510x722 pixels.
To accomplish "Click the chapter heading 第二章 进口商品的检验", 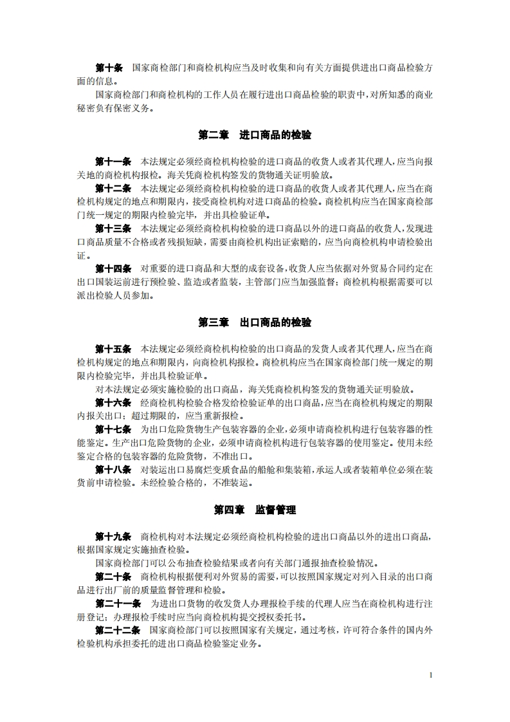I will click(x=255, y=135).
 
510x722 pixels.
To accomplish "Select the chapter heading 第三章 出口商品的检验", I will click(x=255, y=322).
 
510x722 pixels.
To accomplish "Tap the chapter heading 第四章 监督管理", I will click(x=255, y=509).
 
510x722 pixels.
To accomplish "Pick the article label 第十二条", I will click(x=113, y=188).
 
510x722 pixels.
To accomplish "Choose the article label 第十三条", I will click(x=113, y=228).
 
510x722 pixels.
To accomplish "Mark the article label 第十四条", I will click(x=113, y=268).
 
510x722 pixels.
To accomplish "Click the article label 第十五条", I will click(x=113, y=348).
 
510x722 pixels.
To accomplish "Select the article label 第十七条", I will click(x=113, y=429).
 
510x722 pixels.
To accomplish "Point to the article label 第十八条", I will click(x=113, y=469).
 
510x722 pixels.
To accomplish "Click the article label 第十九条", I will click(x=113, y=535).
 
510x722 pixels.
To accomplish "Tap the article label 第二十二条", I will click(x=118, y=629).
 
